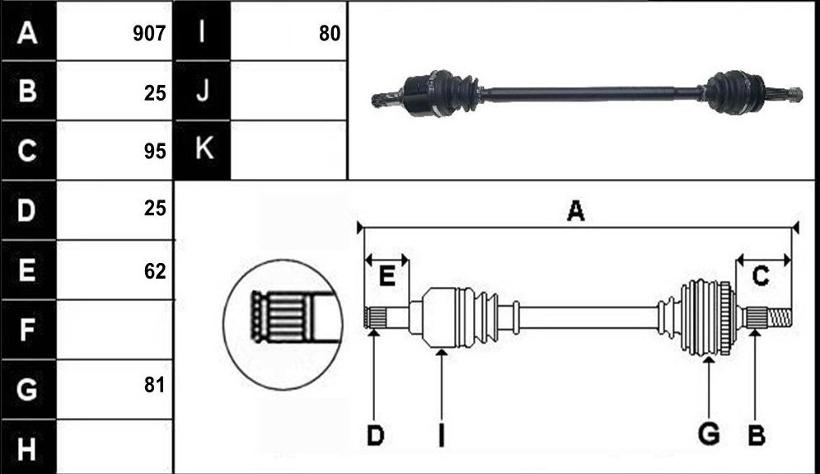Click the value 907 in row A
click(149, 34)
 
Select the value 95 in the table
click(155, 151)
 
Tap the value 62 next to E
click(155, 271)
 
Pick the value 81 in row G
click(155, 384)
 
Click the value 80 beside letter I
click(330, 34)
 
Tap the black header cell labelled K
click(203, 150)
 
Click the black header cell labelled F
click(28, 330)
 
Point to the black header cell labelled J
click(203, 91)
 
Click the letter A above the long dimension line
click(576, 210)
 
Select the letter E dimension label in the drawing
click(387, 275)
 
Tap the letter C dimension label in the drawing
click(761, 275)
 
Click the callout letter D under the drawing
click(375, 436)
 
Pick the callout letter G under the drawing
click(709, 434)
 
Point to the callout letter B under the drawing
click(757, 436)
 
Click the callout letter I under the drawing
click(442, 435)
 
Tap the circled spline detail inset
click(283, 324)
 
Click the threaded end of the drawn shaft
click(780, 317)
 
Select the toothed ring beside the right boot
click(726, 318)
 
